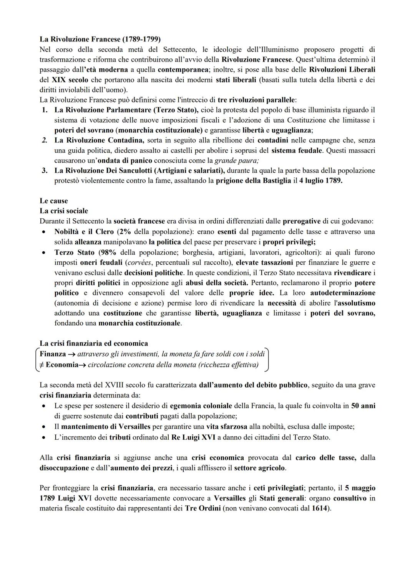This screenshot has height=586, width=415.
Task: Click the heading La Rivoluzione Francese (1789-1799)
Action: click(x=100, y=39)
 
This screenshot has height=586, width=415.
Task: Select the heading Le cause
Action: click(x=53, y=201)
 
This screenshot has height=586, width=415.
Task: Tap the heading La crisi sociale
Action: click(x=63, y=211)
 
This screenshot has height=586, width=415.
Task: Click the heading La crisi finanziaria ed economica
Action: click(x=93, y=343)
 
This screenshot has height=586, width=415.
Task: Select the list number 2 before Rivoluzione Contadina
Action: click(x=45, y=140)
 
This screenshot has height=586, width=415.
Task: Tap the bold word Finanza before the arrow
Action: click(x=53, y=354)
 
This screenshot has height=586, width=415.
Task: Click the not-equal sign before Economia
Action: click(x=41, y=365)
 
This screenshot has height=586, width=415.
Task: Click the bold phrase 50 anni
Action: click(x=363, y=406)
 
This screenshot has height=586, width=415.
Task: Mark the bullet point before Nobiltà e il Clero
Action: click(x=45, y=232)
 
